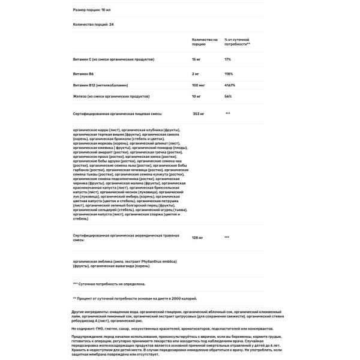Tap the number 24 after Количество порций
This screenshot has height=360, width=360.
[112, 25]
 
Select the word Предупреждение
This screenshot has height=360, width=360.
[88, 340]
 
